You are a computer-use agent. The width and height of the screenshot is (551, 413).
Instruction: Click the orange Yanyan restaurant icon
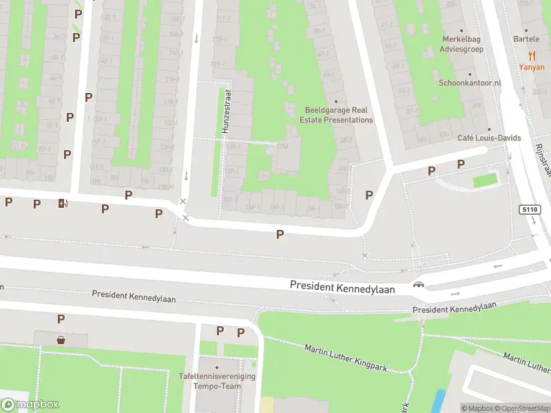click(x=532, y=56)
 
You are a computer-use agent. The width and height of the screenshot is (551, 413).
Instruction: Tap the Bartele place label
click(x=531, y=39)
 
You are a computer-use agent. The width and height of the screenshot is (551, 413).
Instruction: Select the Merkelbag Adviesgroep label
click(x=463, y=44)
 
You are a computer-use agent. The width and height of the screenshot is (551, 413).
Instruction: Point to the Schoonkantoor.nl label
click(x=470, y=83)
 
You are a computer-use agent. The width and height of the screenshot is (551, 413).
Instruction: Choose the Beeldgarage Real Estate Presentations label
click(x=340, y=114)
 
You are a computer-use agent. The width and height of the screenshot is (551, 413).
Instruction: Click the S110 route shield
click(x=529, y=209)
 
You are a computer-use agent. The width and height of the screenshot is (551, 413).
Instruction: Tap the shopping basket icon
click(x=61, y=339)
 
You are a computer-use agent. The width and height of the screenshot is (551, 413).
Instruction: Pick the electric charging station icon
click(x=63, y=203)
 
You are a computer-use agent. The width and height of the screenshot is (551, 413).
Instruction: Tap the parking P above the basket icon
click(x=61, y=319)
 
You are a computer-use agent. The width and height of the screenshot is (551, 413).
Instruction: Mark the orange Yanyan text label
click(x=531, y=67)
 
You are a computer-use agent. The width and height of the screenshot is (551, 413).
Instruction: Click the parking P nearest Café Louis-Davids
click(x=461, y=164)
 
